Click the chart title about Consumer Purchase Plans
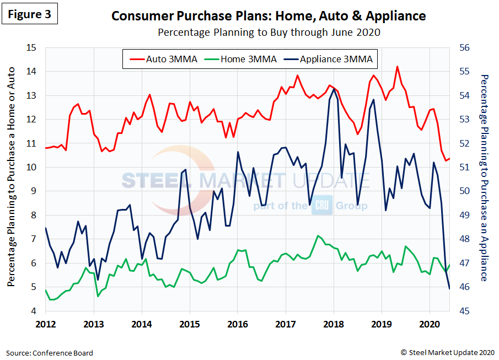point(269,15)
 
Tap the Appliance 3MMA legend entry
point(329,59)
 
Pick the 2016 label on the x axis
point(237,324)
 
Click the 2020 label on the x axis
point(429,324)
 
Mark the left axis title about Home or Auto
point(12,179)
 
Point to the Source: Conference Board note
point(50,353)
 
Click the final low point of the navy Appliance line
point(449,288)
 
